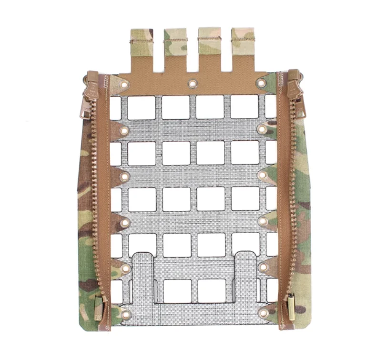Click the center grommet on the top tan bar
[x=193, y=84]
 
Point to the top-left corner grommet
[x=125, y=85]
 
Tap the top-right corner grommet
[x=261, y=83]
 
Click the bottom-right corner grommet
[x=264, y=313]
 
